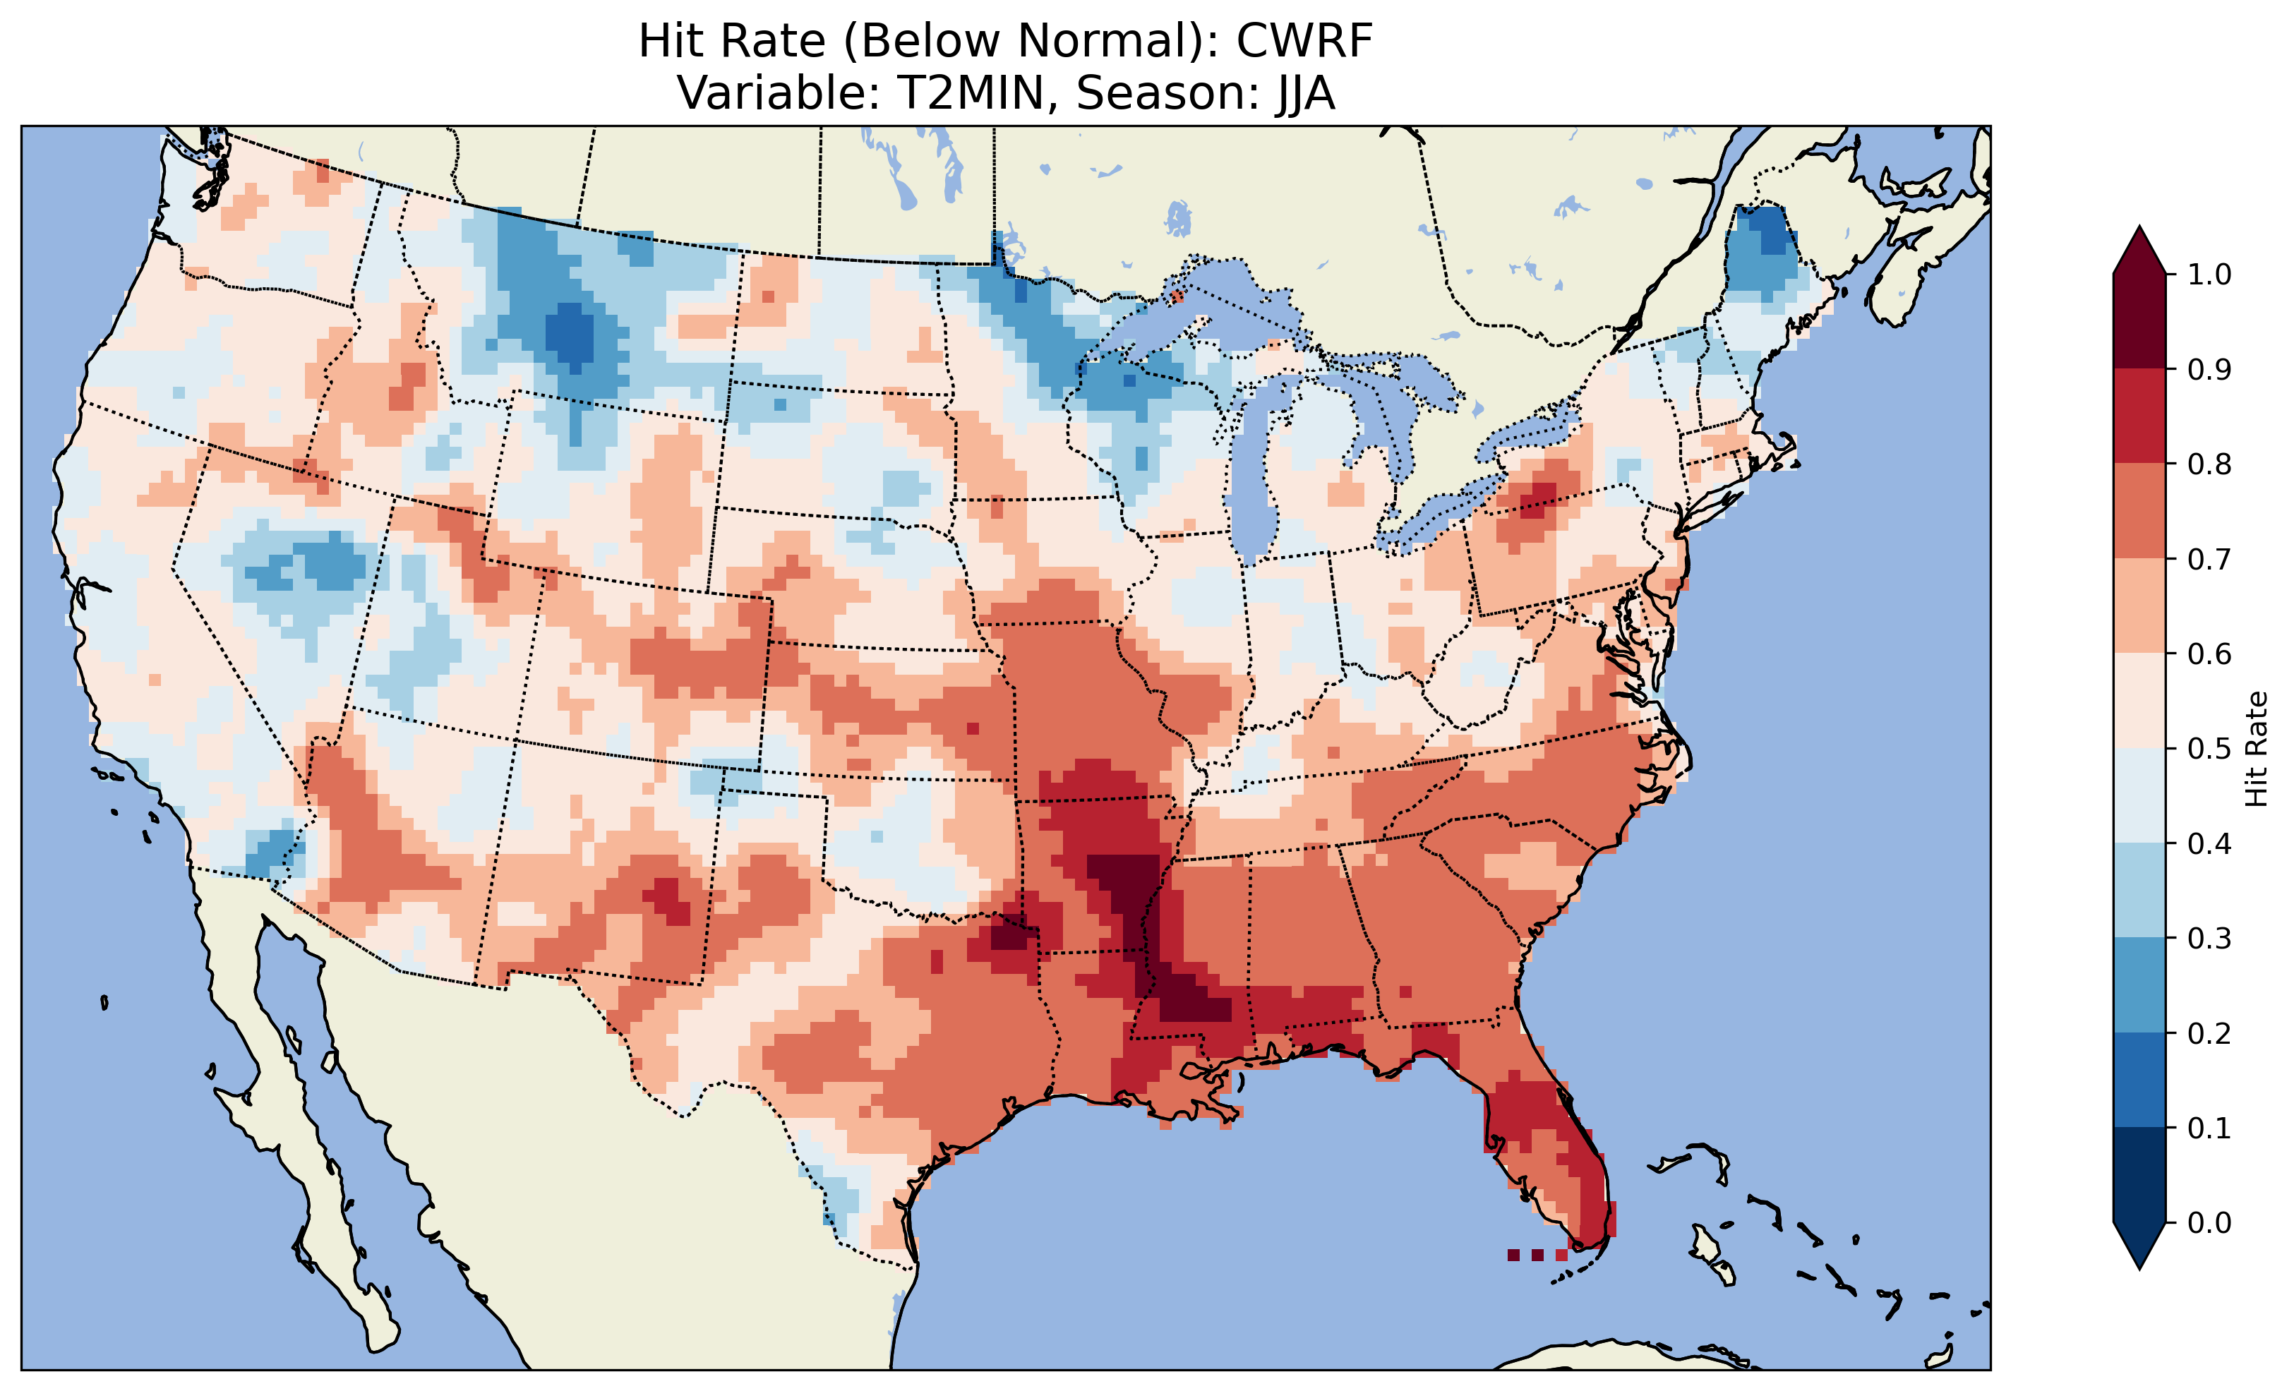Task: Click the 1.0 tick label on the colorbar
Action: pyautogui.click(x=2209, y=275)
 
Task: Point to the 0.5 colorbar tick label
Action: pyautogui.click(x=2209, y=749)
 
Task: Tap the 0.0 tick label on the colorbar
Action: pyautogui.click(x=2209, y=1222)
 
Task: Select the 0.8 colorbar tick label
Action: pyautogui.click(x=2209, y=464)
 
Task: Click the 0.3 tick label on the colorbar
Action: pyautogui.click(x=2209, y=939)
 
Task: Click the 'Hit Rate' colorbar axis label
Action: pyautogui.click(x=2257, y=749)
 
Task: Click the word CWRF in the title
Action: pyautogui.click(x=1304, y=41)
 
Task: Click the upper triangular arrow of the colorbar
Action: pyautogui.click(x=2139, y=251)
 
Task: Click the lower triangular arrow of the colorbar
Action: pyautogui.click(x=2139, y=1246)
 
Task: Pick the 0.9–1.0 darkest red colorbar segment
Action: pyautogui.click(x=2139, y=321)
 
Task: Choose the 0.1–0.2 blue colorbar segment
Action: pyautogui.click(x=2139, y=1080)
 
